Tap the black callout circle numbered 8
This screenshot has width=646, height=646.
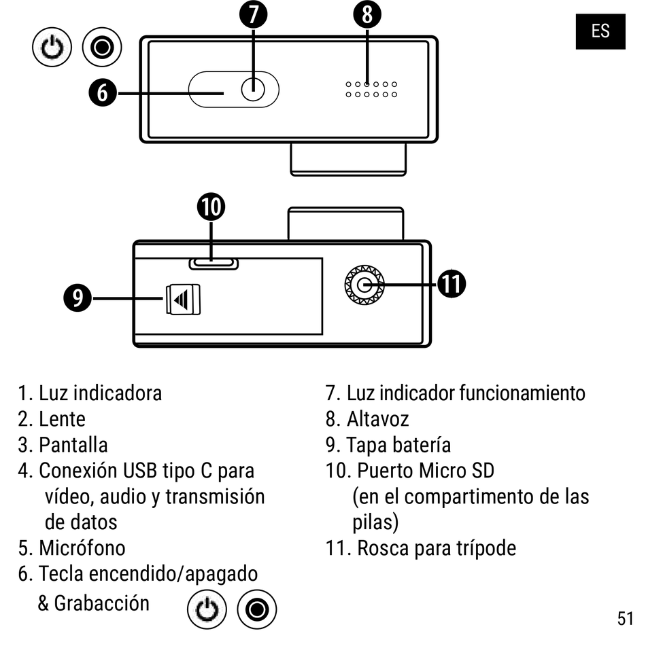[x=367, y=14]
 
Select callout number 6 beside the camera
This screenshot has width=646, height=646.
[x=102, y=91]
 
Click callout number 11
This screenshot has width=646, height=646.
[x=450, y=285]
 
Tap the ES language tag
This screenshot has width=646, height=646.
[x=600, y=31]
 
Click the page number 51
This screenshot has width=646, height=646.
[x=626, y=618]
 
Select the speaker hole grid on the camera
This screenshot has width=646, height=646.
[x=371, y=89]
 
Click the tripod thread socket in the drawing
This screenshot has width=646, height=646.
[x=364, y=285]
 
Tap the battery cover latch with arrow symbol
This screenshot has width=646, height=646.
[x=184, y=300]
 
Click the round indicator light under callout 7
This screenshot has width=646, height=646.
[x=253, y=89]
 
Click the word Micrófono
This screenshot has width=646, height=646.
[x=82, y=548]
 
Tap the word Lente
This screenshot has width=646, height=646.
[x=62, y=418]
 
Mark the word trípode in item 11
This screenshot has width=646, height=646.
[x=486, y=548]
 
